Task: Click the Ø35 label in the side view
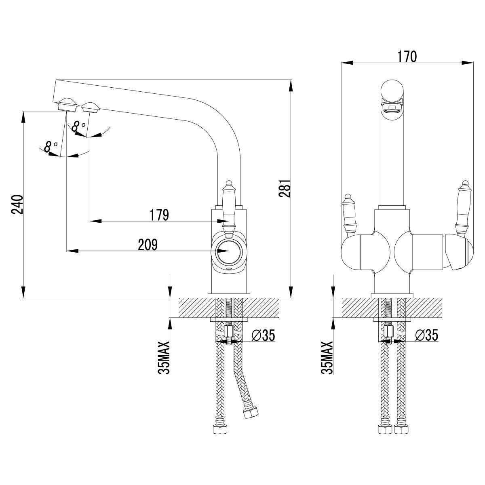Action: click(x=263, y=335)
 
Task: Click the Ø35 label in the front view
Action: click(x=426, y=335)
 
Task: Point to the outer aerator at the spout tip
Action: click(x=67, y=104)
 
